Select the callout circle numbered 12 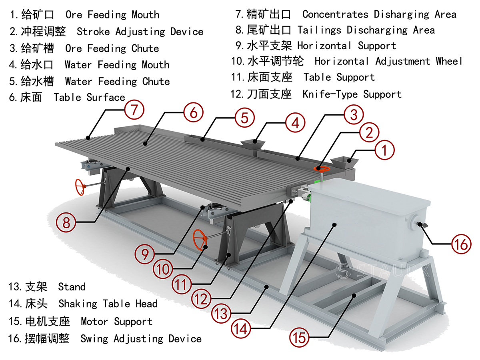201,298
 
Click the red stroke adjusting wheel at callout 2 322,169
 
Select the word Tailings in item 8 320,30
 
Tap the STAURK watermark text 384,271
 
